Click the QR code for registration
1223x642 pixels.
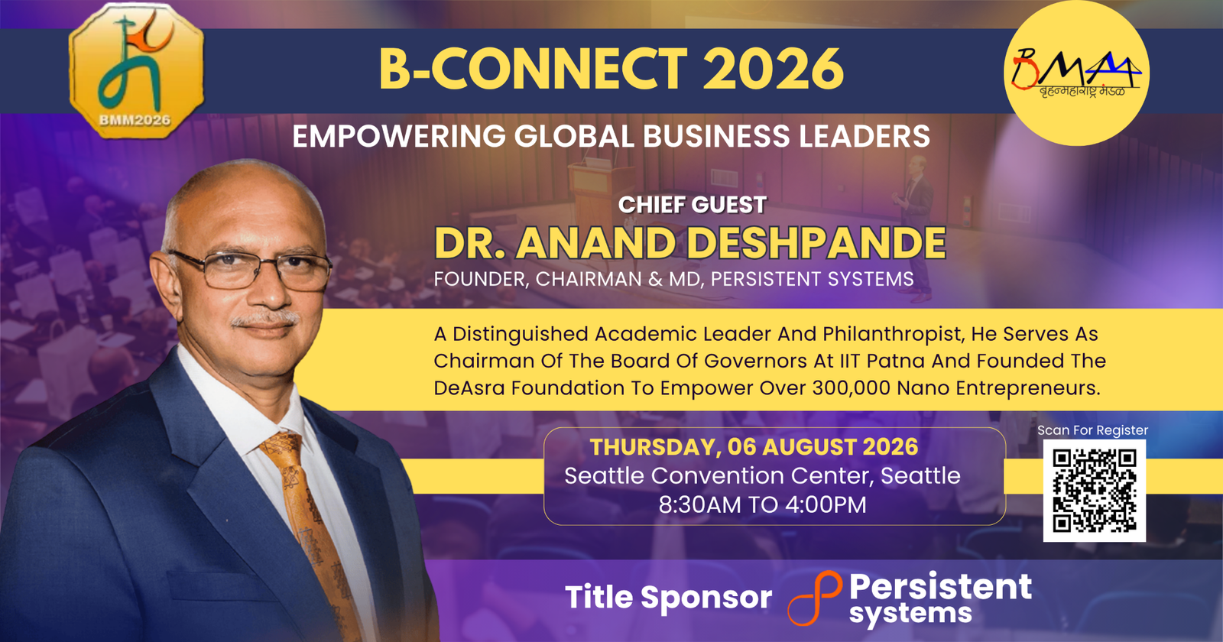[x=1094, y=490]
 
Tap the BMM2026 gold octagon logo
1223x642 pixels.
[x=137, y=70]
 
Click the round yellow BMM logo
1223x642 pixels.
[x=1077, y=73]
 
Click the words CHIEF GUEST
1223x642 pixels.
[x=693, y=205]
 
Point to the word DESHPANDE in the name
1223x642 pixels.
[x=816, y=243]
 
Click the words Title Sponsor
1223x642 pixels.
[x=668, y=597]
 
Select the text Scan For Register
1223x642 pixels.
[x=1092, y=430]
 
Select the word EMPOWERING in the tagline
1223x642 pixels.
[x=399, y=137]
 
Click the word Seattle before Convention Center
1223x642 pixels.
[x=603, y=476]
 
